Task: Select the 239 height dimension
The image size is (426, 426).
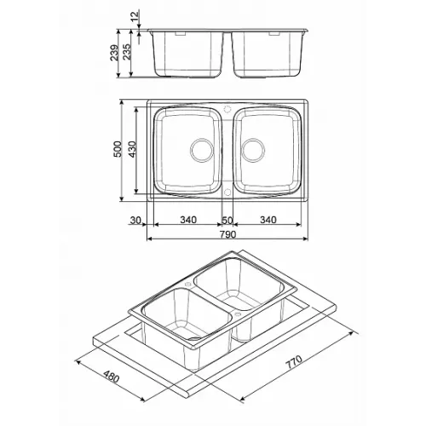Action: [114, 53]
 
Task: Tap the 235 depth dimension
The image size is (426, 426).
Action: [126, 51]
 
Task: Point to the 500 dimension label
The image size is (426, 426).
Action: [118, 149]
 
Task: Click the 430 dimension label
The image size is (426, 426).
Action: [132, 149]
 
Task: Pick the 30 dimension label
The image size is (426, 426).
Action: [135, 220]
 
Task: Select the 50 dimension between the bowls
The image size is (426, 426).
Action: [227, 221]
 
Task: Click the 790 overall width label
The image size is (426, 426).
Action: [227, 234]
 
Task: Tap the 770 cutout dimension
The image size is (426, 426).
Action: [294, 362]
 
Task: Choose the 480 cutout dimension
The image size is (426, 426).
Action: [111, 377]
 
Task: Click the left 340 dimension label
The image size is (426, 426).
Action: [188, 220]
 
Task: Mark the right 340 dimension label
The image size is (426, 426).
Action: [268, 220]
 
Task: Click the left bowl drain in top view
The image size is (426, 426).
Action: [202, 150]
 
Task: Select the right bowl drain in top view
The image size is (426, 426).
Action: [253, 150]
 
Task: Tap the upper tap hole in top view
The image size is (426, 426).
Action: [227, 109]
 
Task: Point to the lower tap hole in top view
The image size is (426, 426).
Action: [227, 193]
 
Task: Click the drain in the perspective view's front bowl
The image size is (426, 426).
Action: [195, 338]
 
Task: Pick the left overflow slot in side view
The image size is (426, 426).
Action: [181, 33]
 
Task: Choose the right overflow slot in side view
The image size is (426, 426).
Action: [274, 33]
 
